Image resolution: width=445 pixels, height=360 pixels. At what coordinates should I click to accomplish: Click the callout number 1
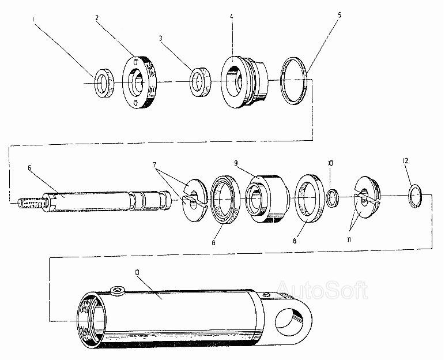coord(33,19)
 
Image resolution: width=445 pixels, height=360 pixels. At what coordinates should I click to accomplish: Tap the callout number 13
coord(137,272)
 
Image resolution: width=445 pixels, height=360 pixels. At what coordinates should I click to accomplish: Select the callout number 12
coord(405,161)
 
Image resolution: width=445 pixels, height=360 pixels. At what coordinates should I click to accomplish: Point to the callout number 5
coord(340,14)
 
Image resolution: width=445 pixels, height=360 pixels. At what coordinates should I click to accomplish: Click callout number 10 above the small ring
coord(330,163)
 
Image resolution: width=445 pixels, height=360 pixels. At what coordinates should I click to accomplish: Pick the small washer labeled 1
coord(104,82)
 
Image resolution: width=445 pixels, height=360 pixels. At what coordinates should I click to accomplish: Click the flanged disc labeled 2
coord(139,82)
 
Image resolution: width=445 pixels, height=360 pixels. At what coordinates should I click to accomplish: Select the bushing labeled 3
coord(201,82)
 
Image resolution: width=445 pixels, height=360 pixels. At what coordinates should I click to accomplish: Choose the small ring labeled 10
coord(333,198)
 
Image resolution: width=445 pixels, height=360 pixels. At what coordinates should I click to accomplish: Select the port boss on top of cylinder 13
coord(117,291)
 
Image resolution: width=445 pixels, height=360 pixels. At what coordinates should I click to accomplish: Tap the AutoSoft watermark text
coord(322,290)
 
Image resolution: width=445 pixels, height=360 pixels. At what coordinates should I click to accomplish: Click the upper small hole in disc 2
coord(136,61)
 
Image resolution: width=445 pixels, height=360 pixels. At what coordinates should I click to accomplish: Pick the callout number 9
coord(236,163)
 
